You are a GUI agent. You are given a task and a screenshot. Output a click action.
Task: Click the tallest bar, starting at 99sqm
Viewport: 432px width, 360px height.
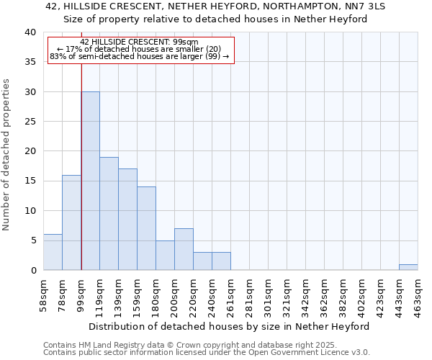tap(91, 181)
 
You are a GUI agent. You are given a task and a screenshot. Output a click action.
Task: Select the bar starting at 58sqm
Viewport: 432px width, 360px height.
tap(53, 252)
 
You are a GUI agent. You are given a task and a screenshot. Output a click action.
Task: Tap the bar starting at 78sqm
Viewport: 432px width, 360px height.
tap(71, 222)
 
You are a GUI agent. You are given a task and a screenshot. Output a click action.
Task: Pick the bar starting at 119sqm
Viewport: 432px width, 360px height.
tap(109, 214)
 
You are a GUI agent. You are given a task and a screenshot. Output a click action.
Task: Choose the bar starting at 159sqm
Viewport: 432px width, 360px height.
tap(146, 228)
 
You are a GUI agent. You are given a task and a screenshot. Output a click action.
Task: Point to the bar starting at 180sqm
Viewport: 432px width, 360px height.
tap(165, 255)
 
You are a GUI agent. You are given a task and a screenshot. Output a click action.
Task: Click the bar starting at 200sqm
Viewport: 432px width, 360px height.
tap(184, 249)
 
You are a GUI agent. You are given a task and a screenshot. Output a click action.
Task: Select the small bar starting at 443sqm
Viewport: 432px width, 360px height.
tap(408, 267)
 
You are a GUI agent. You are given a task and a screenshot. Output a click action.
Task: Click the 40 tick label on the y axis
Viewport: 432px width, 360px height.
tap(30, 32)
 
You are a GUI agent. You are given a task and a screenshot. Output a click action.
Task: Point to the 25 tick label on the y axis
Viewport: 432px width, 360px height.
tap(30, 122)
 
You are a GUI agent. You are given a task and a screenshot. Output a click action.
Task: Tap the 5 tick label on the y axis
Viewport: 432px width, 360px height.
tap(33, 240)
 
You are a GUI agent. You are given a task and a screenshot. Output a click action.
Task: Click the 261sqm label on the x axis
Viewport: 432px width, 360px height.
tap(230, 294)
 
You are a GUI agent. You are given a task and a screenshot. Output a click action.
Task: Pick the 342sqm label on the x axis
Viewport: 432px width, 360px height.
tap(305, 294)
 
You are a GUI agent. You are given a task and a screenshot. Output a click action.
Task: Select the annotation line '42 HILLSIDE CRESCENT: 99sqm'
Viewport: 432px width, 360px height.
tap(140, 42)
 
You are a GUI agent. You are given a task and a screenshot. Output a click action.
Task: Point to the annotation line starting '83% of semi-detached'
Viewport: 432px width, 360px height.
tap(140, 56)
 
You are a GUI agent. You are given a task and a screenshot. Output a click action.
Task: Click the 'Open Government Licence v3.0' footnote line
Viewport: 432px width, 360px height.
tap(207, 353)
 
